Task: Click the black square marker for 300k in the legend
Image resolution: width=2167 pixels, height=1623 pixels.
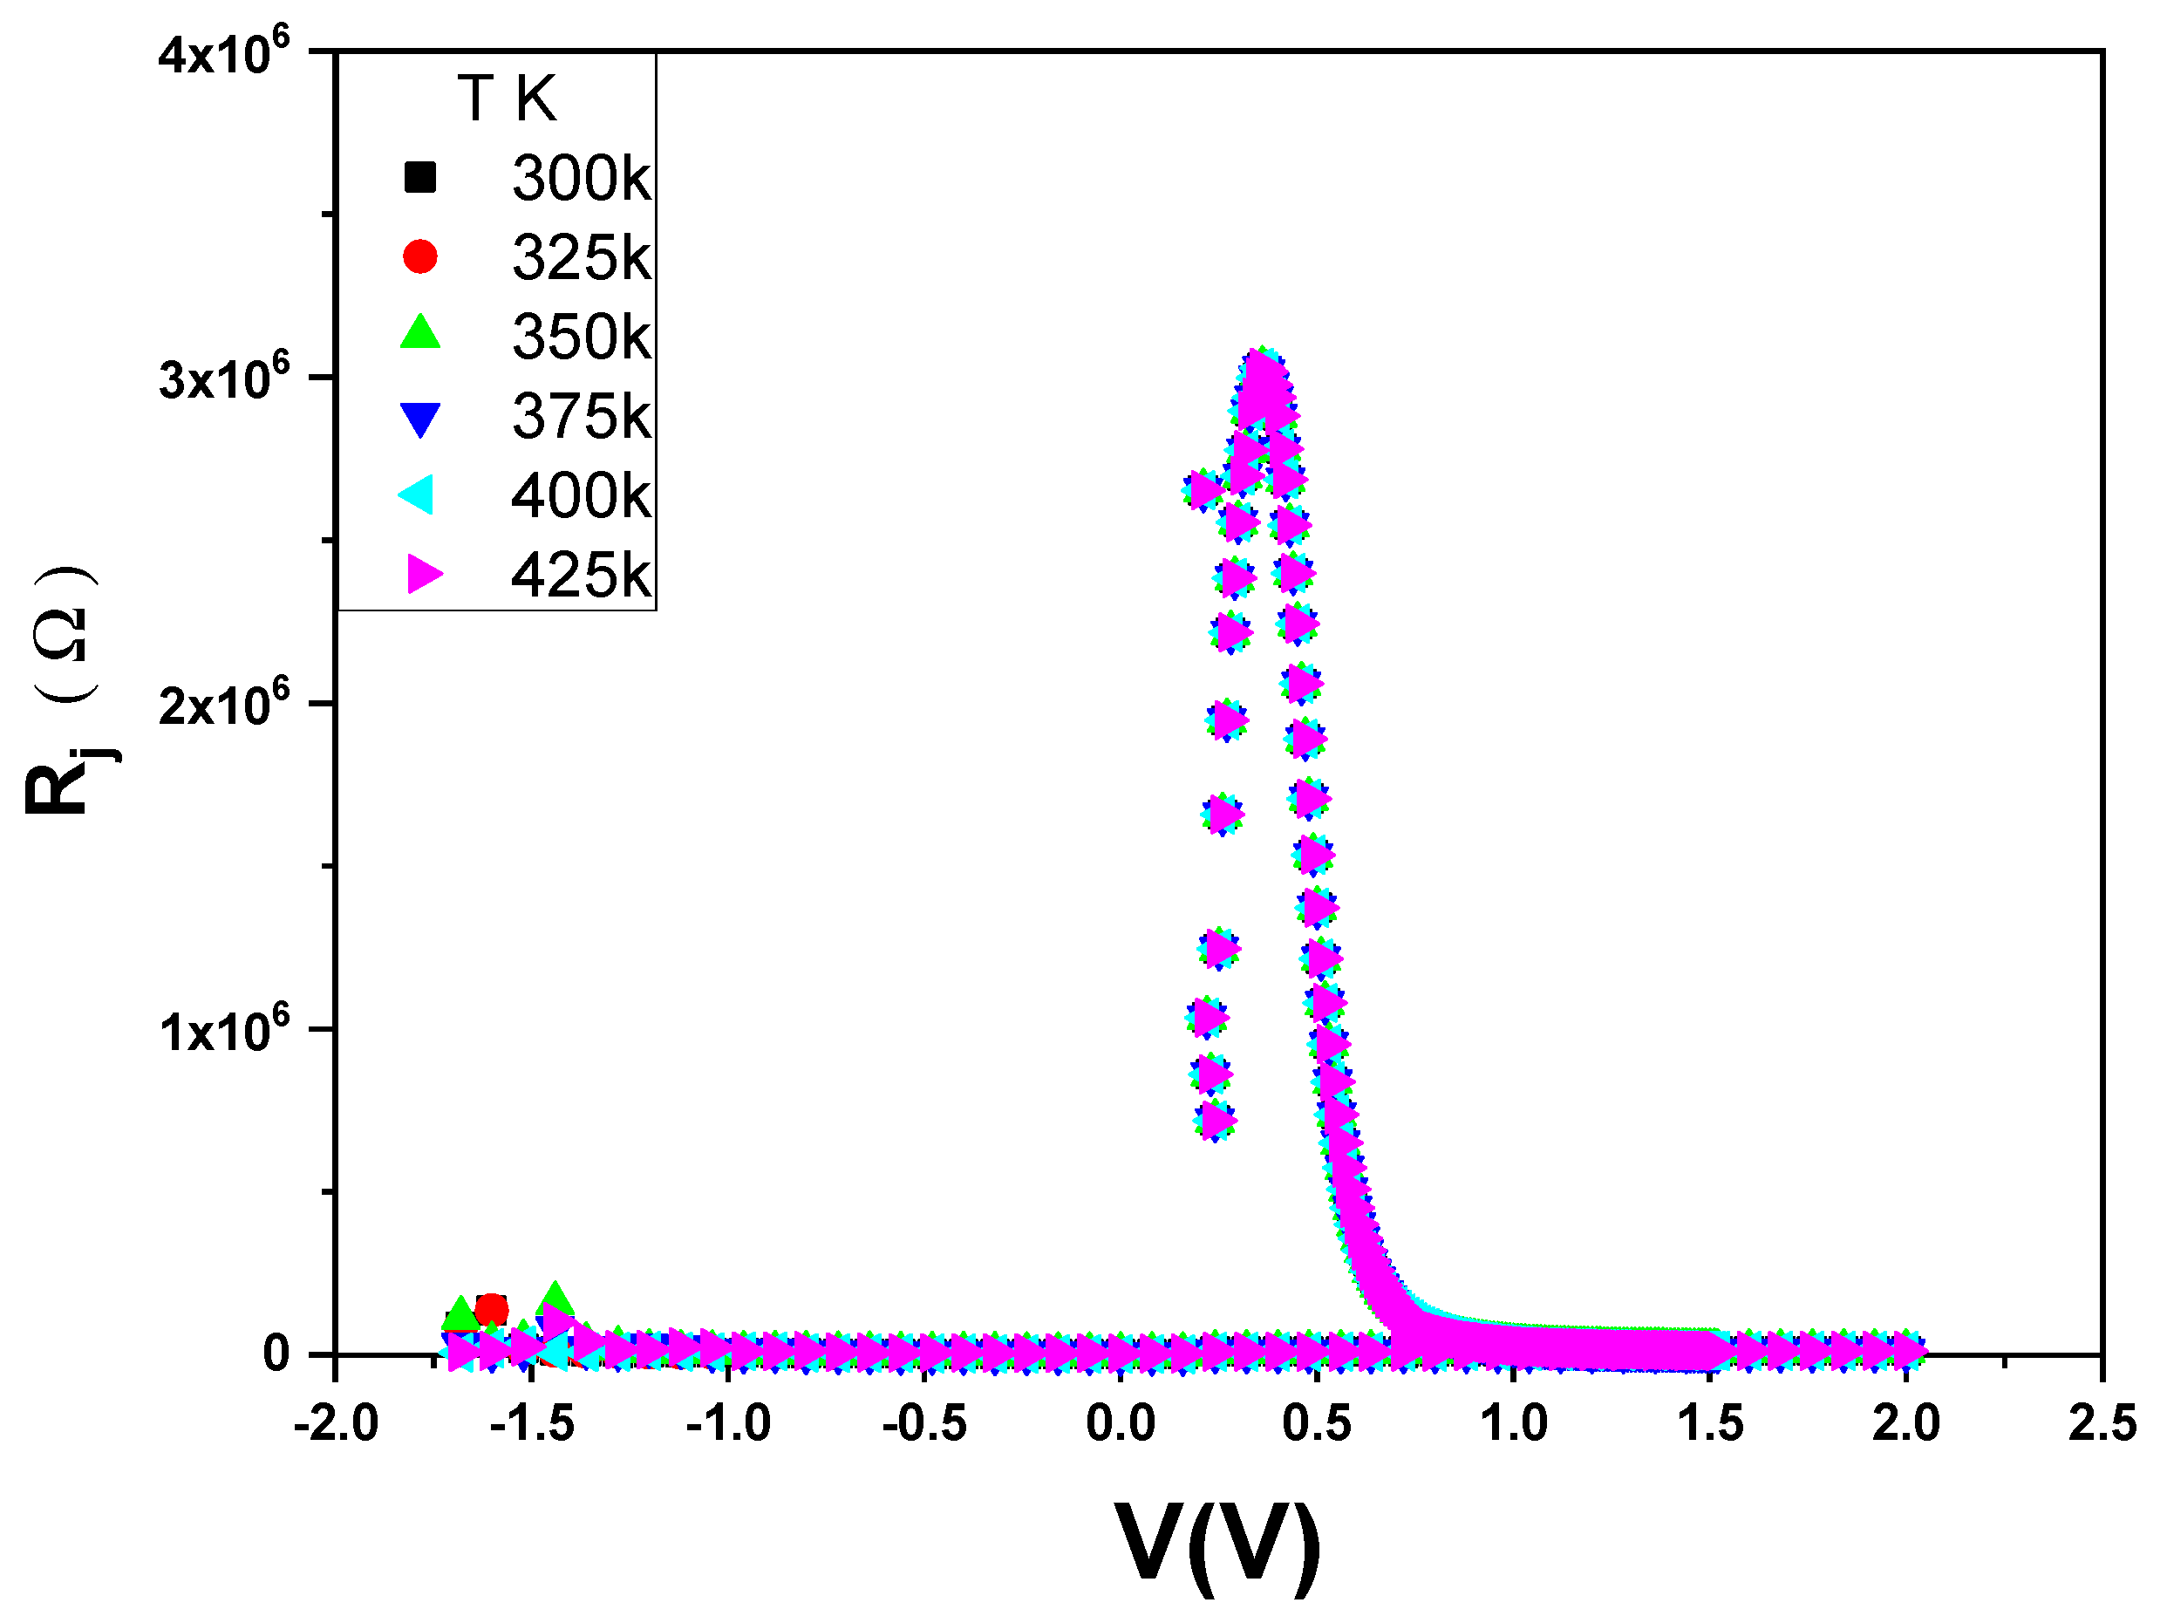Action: click(x=419, y=177)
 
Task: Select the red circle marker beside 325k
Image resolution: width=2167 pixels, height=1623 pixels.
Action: click(x=419, y=256)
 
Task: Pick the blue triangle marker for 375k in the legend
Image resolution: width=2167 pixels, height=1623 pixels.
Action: click(x=419, y=419)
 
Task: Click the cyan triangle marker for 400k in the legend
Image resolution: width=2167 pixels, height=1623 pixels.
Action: click(x=416, y=494)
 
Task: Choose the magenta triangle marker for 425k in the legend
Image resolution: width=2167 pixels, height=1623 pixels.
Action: click(x=423, y=574)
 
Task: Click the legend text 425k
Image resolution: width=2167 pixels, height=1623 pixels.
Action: click(x=580, y=575)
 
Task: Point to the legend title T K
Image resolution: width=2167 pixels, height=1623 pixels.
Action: click(x=507, y=99)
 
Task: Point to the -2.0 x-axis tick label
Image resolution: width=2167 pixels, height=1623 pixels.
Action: click(x=336, y=1422)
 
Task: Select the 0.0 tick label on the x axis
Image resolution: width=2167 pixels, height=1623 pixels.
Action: click(x=1121, y=1422)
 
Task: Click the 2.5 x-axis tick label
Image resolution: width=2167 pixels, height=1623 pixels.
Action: click(x=2102, y=1422)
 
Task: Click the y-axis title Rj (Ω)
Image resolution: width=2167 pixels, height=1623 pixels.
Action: click(x=64, y=691)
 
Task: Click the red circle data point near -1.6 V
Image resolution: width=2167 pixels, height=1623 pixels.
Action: click(x=491, y=1310)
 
